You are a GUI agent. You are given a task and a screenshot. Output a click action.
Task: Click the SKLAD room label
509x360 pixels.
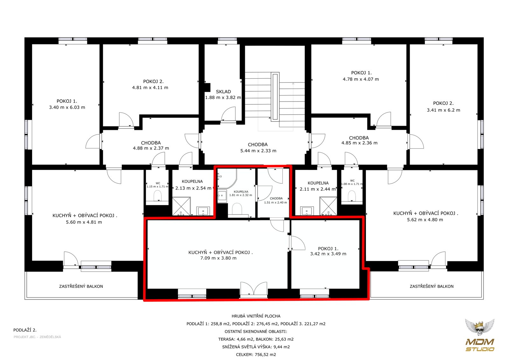coord(223,92)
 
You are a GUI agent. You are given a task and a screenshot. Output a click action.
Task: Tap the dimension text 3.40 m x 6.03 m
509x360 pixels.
coord(67,107)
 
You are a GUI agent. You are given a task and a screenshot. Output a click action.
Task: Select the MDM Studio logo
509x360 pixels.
coord(479,335)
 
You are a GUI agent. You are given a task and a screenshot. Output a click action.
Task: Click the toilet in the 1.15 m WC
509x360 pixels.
coord(157,195)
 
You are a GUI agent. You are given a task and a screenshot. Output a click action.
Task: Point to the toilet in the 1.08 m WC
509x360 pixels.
coord(352,195)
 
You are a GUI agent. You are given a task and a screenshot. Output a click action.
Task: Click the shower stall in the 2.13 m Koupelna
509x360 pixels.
coord(181,206)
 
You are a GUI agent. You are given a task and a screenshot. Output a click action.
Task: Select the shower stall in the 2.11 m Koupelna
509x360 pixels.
coord(328,206)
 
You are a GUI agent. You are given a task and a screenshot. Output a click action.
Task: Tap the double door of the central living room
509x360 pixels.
coord(254,290)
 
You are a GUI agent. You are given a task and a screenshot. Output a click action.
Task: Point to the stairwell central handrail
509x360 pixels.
coord(275,97)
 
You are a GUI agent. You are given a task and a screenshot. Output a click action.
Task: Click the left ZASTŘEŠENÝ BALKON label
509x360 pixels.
coord(81,286)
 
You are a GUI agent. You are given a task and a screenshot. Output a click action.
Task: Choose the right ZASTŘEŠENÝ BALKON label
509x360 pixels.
coord(431,286)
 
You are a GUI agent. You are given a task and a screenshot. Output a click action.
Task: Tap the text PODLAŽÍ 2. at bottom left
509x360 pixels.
coord(25,330)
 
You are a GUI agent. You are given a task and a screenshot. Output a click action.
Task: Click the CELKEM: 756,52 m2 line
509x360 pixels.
coord(256,355)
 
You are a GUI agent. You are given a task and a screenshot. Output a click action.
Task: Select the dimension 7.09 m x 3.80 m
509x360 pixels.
coord(218,258)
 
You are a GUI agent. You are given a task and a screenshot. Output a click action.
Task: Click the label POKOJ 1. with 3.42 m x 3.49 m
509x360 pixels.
coord(328,249)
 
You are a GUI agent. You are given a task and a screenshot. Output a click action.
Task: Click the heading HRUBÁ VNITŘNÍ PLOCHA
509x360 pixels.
coord(256,316)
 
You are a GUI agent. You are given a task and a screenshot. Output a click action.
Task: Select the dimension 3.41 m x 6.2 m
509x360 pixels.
coord(443,110)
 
